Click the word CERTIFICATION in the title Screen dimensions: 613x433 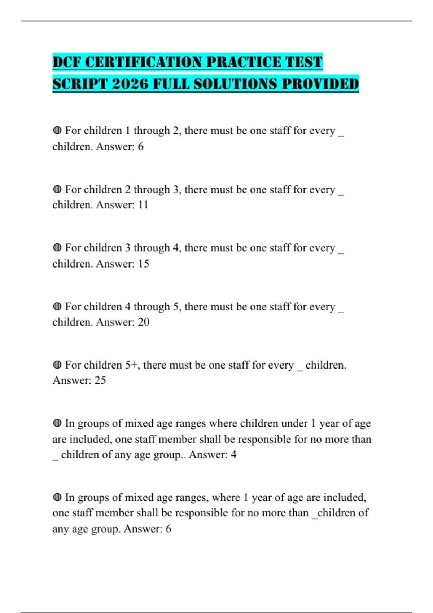[x=144, y=62]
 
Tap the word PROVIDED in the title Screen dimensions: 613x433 [x=320, y=84]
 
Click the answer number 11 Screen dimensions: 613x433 [x=143, y=205]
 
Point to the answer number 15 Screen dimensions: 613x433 [x=143, y=264]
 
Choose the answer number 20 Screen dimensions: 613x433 [x=143, y=322]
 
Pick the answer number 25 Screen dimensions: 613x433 [x=100, y=380]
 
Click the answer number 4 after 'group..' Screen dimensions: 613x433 [x=233, y=455]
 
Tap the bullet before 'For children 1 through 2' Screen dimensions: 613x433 [x=57, y=131]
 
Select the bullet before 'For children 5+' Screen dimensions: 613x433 [x=57, y=365]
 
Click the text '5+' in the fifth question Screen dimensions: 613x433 [x=132, y=365]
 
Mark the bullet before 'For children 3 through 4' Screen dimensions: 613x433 [x=57, y=248]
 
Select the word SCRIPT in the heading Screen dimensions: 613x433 [x=80, y=84]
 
